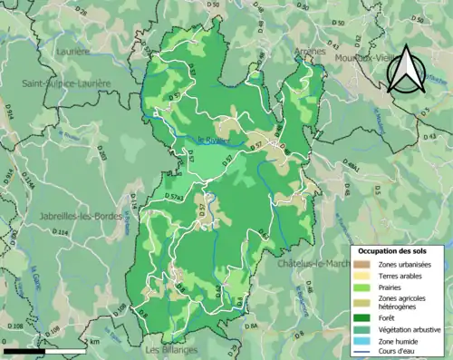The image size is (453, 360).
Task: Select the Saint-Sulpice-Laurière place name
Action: click(66, 83)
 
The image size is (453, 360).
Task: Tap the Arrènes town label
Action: click(309, 52)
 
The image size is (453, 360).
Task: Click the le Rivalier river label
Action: click(214, 140)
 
